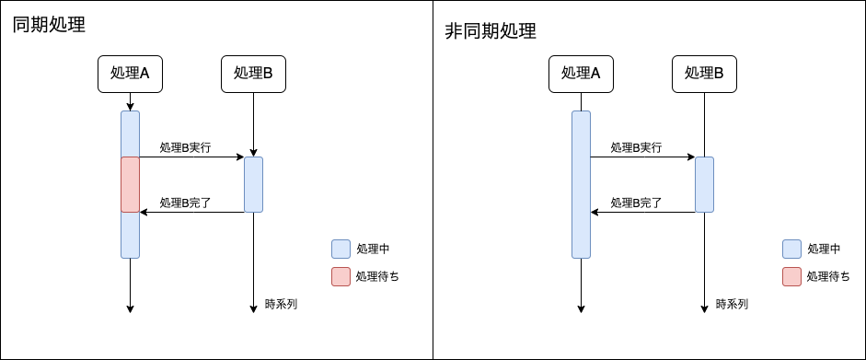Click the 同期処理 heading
click(x=49, y=26)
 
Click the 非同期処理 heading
click(x=491, y=31)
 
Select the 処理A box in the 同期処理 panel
click(x=130, y=74)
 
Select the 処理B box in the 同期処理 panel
click(x=253, y=74)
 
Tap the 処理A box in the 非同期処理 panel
click(x=581, y=74)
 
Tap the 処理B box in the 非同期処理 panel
click(x=704, y=74)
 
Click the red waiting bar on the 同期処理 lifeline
click(x=130, y=184)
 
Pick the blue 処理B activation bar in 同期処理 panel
click(x=253, y=184)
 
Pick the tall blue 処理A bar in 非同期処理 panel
click(x=581, y=184)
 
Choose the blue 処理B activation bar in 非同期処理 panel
click(x=704, y=184)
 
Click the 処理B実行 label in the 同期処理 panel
click(x=185, y=147)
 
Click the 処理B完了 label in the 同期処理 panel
click(x=185, y=202)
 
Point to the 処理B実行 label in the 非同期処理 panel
click(x=636, y=147)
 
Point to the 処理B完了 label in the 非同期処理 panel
click(x=636, y=202)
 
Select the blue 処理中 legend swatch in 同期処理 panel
click(x=341, y=249)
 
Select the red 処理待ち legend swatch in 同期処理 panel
click(x=341, y=276)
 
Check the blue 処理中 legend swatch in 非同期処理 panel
click(x=791, y=249)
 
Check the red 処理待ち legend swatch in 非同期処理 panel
click(x=791, y=276)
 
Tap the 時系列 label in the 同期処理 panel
click(x=281, y=304)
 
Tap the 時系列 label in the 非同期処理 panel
click(x=732, y=304)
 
